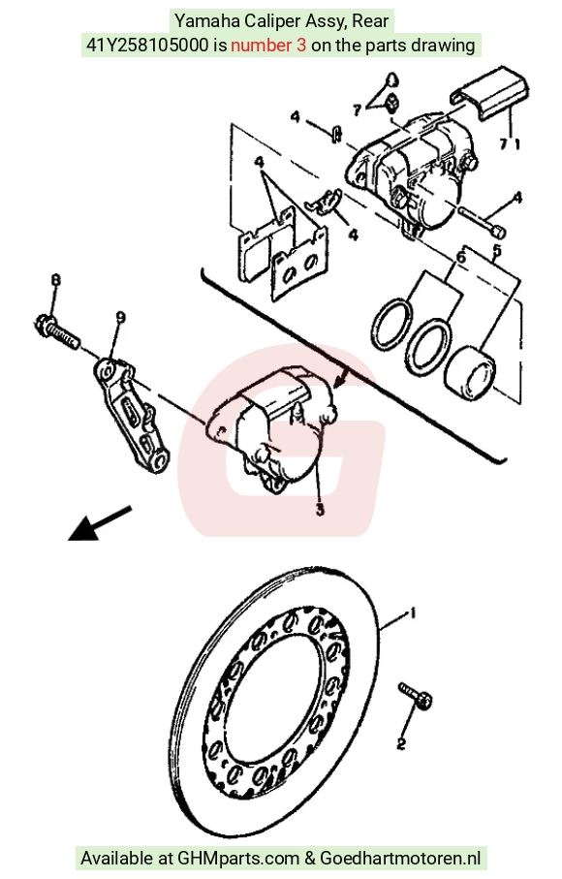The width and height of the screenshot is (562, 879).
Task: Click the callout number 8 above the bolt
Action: tap(55, 280)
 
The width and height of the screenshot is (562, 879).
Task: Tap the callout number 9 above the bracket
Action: tap(120, 318)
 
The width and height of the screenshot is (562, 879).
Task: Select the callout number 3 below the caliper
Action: tap(320, 510)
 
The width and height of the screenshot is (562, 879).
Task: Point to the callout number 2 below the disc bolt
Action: tap(401, 744)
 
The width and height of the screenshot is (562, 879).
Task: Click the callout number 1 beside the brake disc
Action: tap(414, 613)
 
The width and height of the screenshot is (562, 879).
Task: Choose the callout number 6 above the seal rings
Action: tap(461, 258)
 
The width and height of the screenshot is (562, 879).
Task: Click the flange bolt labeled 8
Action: tap(58, 331)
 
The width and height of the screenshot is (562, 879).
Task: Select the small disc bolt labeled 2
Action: tap(415, 695)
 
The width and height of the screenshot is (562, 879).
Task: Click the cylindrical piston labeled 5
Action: tap(470, 373)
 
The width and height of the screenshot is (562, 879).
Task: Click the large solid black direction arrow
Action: tap(100, 523)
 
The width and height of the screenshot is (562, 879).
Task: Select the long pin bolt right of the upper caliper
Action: tap(483, 222)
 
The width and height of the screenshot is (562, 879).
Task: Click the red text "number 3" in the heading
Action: tap(268, 45)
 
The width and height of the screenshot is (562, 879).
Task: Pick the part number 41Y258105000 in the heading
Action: tap(147, 45)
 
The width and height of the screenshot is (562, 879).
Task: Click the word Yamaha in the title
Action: tap(201, 21)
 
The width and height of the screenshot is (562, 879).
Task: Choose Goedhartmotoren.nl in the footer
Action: tap(400, 859)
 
